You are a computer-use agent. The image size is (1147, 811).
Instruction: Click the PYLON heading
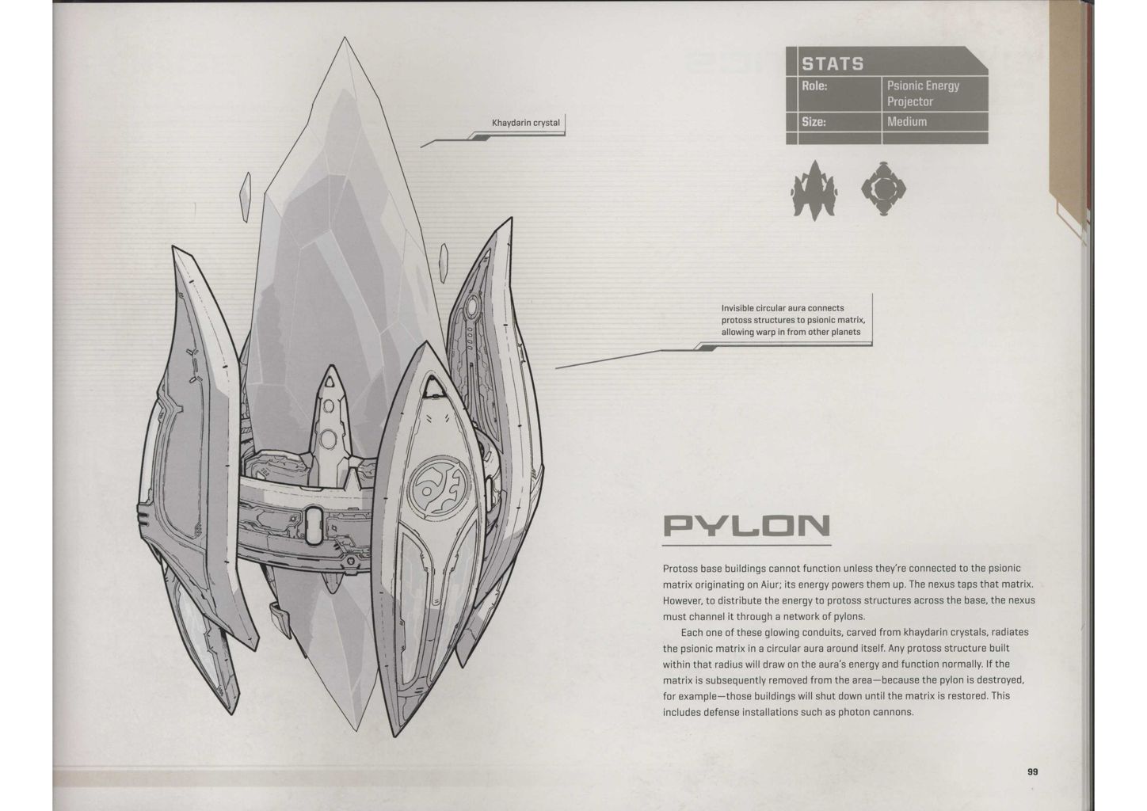tap(745, 526)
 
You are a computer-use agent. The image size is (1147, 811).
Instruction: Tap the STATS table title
tap(833, 63)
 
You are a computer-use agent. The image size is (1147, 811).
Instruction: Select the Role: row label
tap(814, 86)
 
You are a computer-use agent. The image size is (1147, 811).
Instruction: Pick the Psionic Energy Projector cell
tap(923, 93)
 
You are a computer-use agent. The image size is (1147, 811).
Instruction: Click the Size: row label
tap(814, 122)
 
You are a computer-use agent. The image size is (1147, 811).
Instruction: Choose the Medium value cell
tap(907, 122)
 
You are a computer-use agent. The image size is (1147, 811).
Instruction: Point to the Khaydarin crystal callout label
tap(526, 123)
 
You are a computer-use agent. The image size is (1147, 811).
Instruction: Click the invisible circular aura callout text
tap(790, 320)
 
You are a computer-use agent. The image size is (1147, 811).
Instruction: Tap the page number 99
tap(1032, 772)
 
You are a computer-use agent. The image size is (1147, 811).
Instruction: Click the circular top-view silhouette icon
tap(883, 188)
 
